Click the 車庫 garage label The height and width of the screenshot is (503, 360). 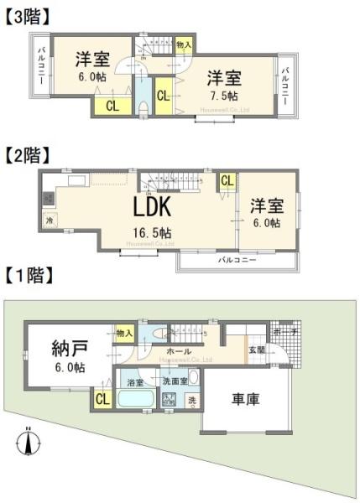click(x=245, y=399)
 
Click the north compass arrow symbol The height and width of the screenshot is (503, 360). click(x=29, y=438)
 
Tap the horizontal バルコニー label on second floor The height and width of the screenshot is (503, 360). click(x=237, y=261)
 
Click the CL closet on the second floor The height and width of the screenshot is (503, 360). click(x=227, y=180)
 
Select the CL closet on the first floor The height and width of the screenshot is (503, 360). click(x=102, y=400)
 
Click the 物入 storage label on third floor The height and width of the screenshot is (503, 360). click(x=183, y=44)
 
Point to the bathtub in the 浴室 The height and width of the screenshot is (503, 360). click(x=134, y=399)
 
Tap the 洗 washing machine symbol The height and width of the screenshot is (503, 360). click(x=191, y=400)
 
